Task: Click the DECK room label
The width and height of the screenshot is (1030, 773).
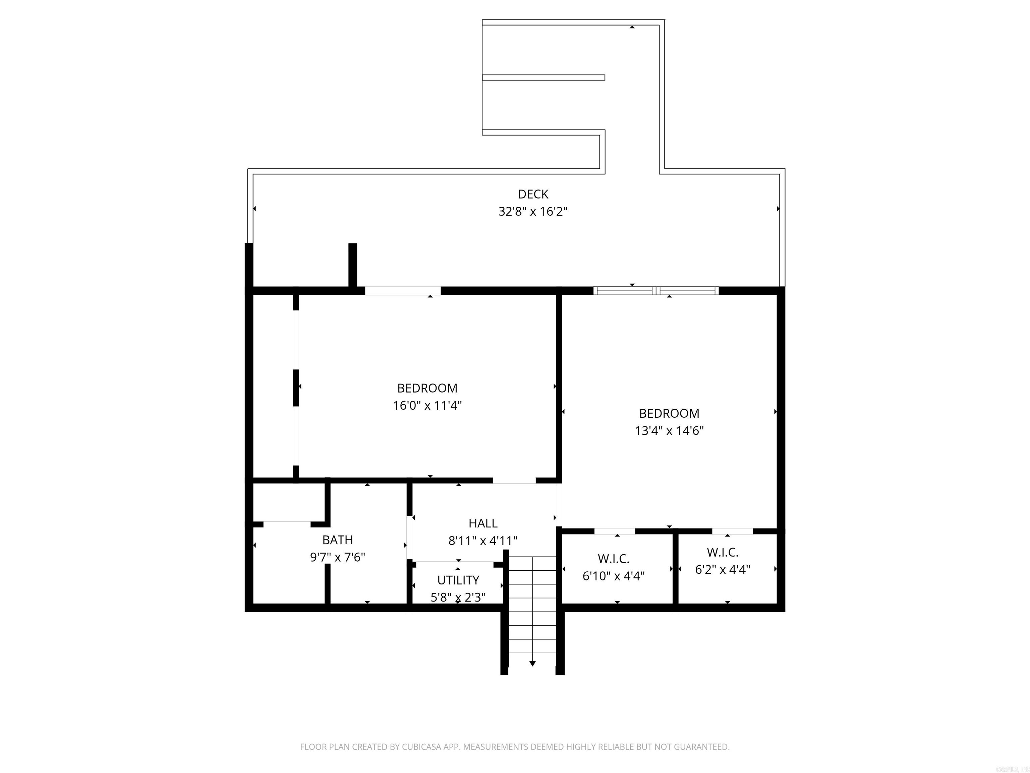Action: click(x=533, y=194)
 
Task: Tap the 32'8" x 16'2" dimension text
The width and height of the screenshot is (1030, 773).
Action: click(x=533, y=212)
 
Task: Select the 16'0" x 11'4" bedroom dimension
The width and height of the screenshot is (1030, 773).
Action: click(x=427, y=405)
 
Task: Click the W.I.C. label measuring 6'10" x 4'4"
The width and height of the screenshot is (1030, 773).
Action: click(x=613, y=558)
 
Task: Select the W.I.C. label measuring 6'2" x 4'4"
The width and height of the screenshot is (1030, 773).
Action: click(x=722, y=552)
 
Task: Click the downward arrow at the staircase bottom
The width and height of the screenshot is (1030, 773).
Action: click(x=532, y=663)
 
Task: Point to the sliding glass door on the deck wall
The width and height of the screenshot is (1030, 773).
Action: click(x=655, y=291)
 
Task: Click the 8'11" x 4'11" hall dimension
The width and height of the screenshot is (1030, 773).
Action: click(x=483, y=540)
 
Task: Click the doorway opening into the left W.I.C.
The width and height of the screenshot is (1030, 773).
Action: click(x=614, y=531)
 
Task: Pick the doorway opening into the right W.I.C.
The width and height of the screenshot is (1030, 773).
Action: click(x=732, y=531)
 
